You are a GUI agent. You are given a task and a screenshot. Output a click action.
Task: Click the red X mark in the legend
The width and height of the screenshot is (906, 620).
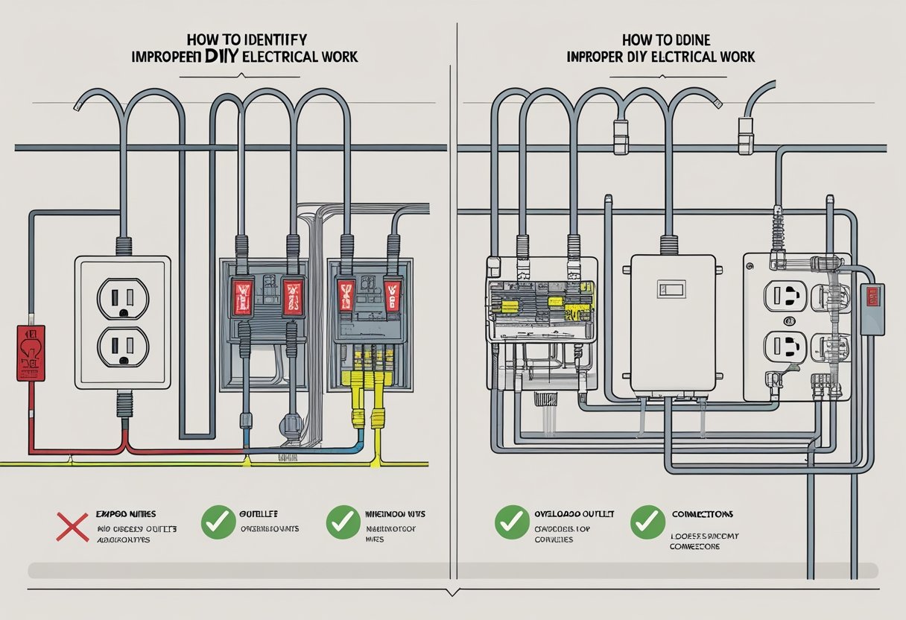click(x=72, y=525)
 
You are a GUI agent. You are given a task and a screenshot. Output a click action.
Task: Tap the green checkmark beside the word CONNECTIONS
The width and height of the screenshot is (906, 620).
click(x=647, y=523)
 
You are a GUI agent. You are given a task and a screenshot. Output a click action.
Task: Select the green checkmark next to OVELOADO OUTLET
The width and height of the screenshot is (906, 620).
click(x=513, y=523)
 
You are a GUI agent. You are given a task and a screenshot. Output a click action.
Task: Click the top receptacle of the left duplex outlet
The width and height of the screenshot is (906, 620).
click(x=124, y=297)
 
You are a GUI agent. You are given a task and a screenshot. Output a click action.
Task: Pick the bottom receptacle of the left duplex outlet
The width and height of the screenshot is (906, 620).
click(x=124, y=345)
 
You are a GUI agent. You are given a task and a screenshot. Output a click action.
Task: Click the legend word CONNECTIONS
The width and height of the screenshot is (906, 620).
click(x=701, y=514)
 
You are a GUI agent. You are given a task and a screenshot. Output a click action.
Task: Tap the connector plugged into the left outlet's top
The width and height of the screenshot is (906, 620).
click(x=124, y=244)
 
